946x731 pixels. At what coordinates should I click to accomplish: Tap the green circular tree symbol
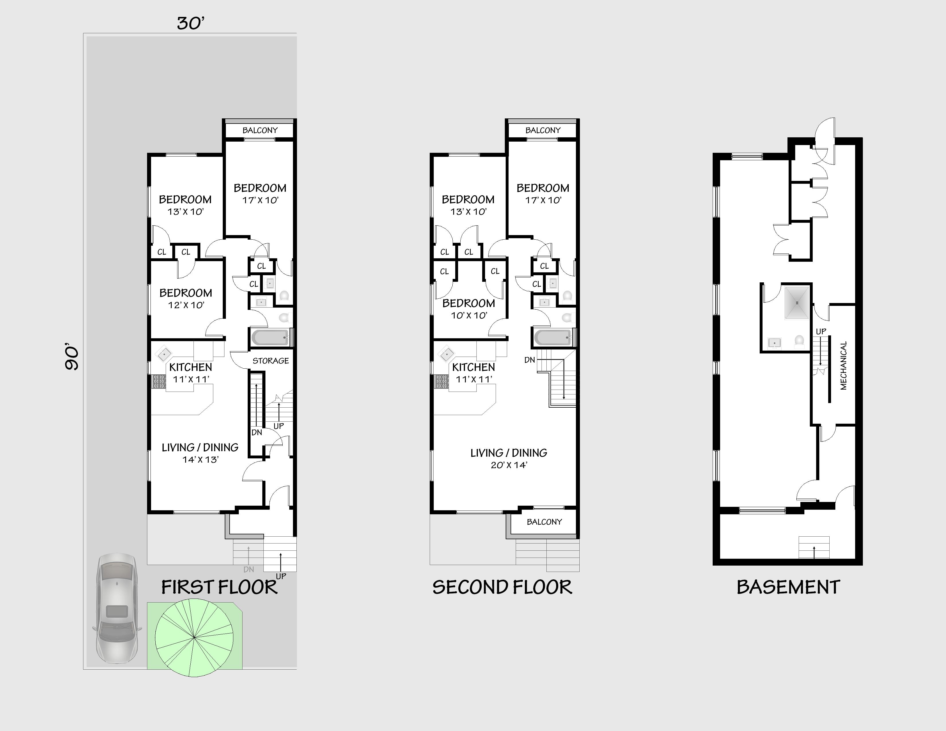(x=194, y=638)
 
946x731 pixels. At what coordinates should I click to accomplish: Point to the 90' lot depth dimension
(x=72, y=357)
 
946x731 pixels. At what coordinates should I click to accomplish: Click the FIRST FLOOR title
(x=219, y=587)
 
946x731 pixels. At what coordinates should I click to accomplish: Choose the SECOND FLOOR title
(x=502, y=587)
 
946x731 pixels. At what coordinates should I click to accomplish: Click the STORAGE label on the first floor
(x=270, y=361)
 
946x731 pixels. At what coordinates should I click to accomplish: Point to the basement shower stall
(x=796, y=302)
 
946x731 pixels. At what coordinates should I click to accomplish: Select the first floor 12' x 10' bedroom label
(x=186, y=298)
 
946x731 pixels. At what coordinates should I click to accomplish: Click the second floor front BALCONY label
(x=544, y=522)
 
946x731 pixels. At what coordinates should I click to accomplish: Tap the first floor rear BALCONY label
(x=260, y=130)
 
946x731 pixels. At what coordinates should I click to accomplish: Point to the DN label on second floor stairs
(x=529, y=360)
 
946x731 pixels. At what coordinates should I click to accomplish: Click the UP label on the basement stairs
(x=821, y=331)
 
